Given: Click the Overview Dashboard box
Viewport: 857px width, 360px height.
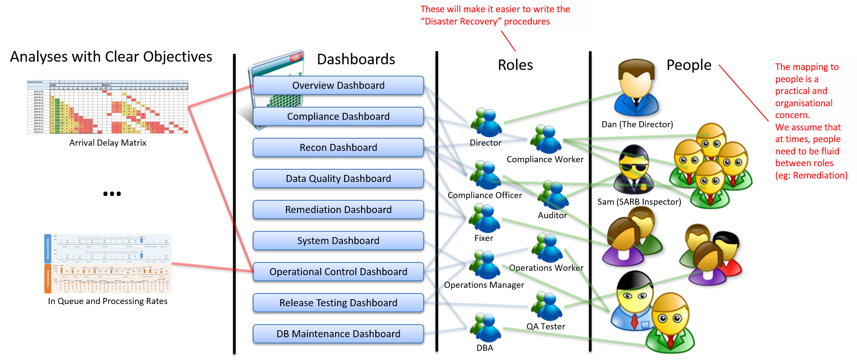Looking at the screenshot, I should coord(338,85).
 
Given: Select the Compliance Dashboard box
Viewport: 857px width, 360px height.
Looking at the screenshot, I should coord(338,116).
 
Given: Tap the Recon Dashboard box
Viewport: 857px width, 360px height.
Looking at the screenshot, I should coord(338,147).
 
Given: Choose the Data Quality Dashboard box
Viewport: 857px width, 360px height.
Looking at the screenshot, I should coord(338,178).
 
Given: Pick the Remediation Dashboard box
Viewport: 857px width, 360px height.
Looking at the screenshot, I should coord(338,210).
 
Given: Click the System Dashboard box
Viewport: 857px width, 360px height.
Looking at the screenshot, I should coord(338,241).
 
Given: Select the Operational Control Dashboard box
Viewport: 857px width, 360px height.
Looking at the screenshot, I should coord(338,272).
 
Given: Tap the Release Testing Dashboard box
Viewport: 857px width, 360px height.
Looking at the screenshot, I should coord(338,303).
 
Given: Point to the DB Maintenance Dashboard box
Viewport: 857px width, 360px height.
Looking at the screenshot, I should coord(338,334).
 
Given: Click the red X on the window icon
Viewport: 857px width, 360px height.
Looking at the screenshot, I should coord(296,57).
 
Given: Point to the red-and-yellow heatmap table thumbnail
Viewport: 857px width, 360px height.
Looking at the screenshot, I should coord(108,107).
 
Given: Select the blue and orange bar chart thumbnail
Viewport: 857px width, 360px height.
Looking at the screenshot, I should coord(108,263).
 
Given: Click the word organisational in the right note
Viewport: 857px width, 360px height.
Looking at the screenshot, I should coord(804,103).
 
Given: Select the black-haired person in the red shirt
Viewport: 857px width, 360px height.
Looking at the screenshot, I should coord(728,256).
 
